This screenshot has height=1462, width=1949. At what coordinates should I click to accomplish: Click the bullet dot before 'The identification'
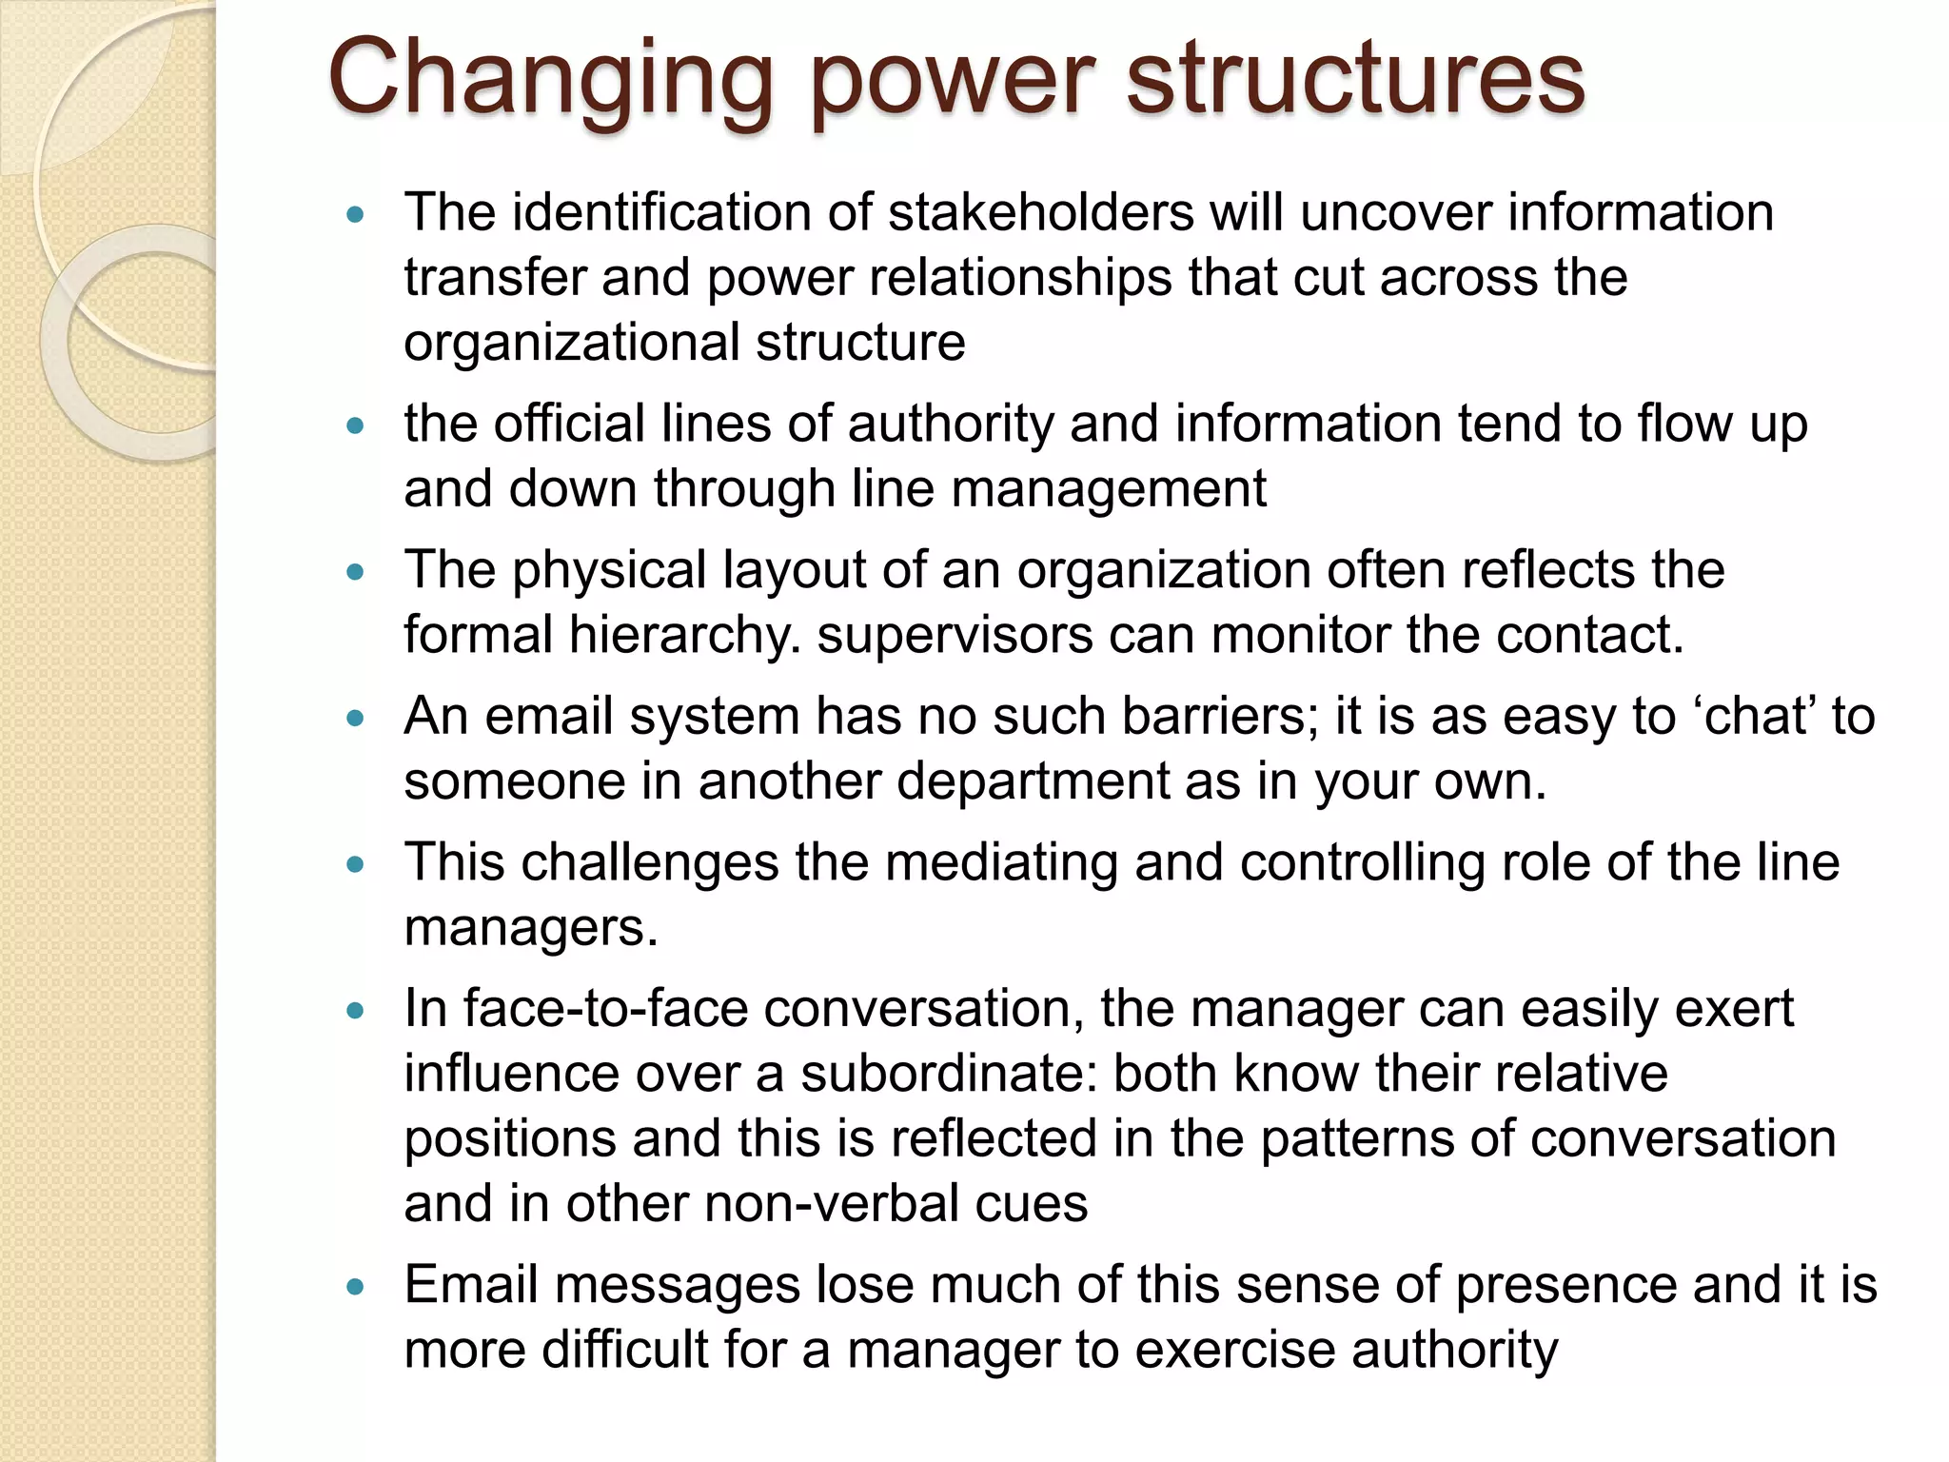(356, 215)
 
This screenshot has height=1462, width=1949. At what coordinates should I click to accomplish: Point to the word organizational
(571, 343)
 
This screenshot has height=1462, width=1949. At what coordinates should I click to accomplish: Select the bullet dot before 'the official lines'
(356, 426)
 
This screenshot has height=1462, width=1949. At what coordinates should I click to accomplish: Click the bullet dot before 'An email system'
(356, 720)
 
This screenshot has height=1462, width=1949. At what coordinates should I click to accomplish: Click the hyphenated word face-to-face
(605, 1008)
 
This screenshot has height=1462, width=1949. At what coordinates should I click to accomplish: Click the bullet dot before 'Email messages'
(356, 1288)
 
